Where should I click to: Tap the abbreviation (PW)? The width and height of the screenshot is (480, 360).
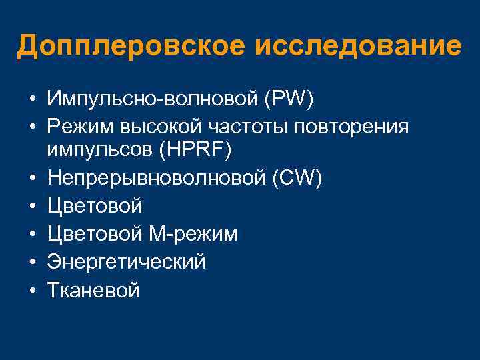coord(289,100)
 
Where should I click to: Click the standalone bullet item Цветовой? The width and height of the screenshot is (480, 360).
coord(95,206)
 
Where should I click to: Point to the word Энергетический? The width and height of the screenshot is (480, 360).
coord(126,261)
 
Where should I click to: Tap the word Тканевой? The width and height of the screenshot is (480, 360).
coord(93,289)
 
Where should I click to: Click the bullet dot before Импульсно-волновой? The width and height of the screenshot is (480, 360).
coord(32,101)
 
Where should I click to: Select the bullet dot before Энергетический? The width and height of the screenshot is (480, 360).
coord(32,262)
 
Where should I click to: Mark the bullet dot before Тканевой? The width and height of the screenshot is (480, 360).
coord(32,289)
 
